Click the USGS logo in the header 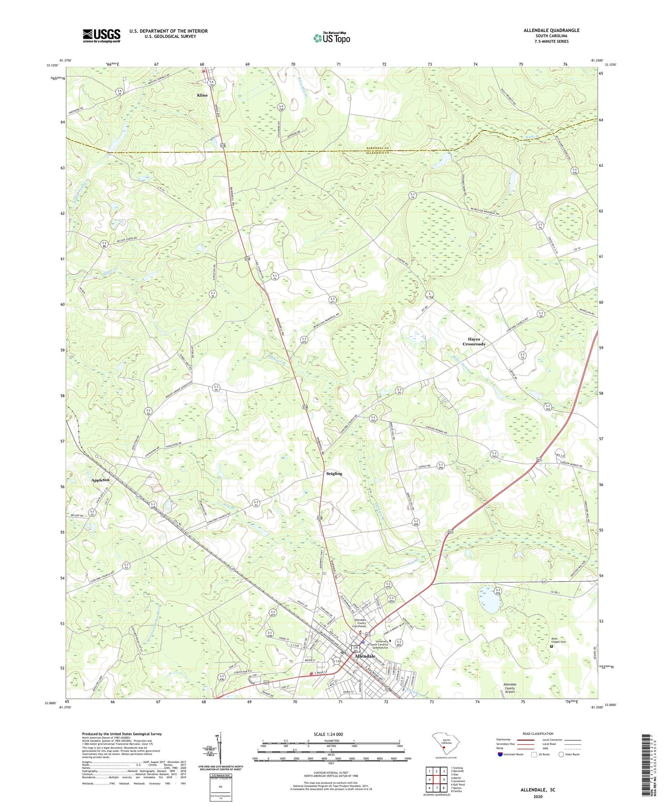pyautogui.click(x=101, y=36)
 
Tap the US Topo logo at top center pyautogui.click(x=331, y=38)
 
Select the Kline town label pyautogui.click(x=202, y=95)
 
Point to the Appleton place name pyautogui.click(x=100, y=480)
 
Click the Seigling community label pyautogui.click(x=334, y=473)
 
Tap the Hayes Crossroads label pyautogui.click(x=474, y=341)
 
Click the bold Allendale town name pyautogui.click(x=365, y=656)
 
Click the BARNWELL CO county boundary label pyautogui.click(x=377, y=148)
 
